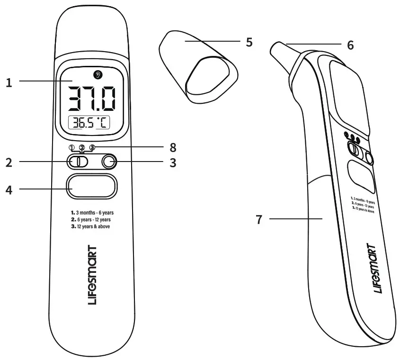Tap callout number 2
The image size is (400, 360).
coord(9,162)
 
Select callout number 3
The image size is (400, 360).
coord(173,162)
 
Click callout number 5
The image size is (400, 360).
coord(249,42)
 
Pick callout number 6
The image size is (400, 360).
coord(350,45)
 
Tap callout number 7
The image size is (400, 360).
coord(259,219)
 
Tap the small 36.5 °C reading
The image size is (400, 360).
coord(89,124)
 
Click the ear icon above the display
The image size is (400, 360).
coord(98,74)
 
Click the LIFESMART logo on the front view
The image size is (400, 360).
coord(92,275)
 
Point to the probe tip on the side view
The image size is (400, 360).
coord(278,51)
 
